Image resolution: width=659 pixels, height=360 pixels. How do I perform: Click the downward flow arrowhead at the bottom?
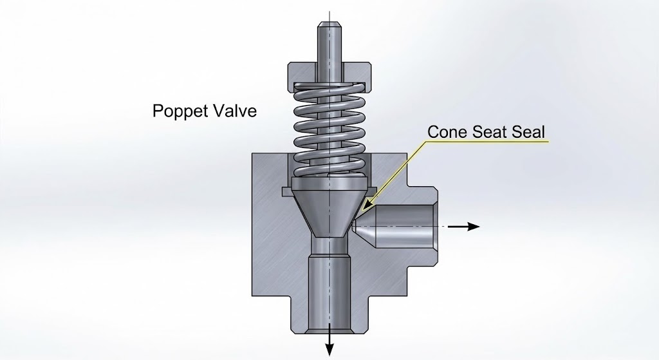[329, 350]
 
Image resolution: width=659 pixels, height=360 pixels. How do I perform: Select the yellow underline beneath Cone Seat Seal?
[489, 142]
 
